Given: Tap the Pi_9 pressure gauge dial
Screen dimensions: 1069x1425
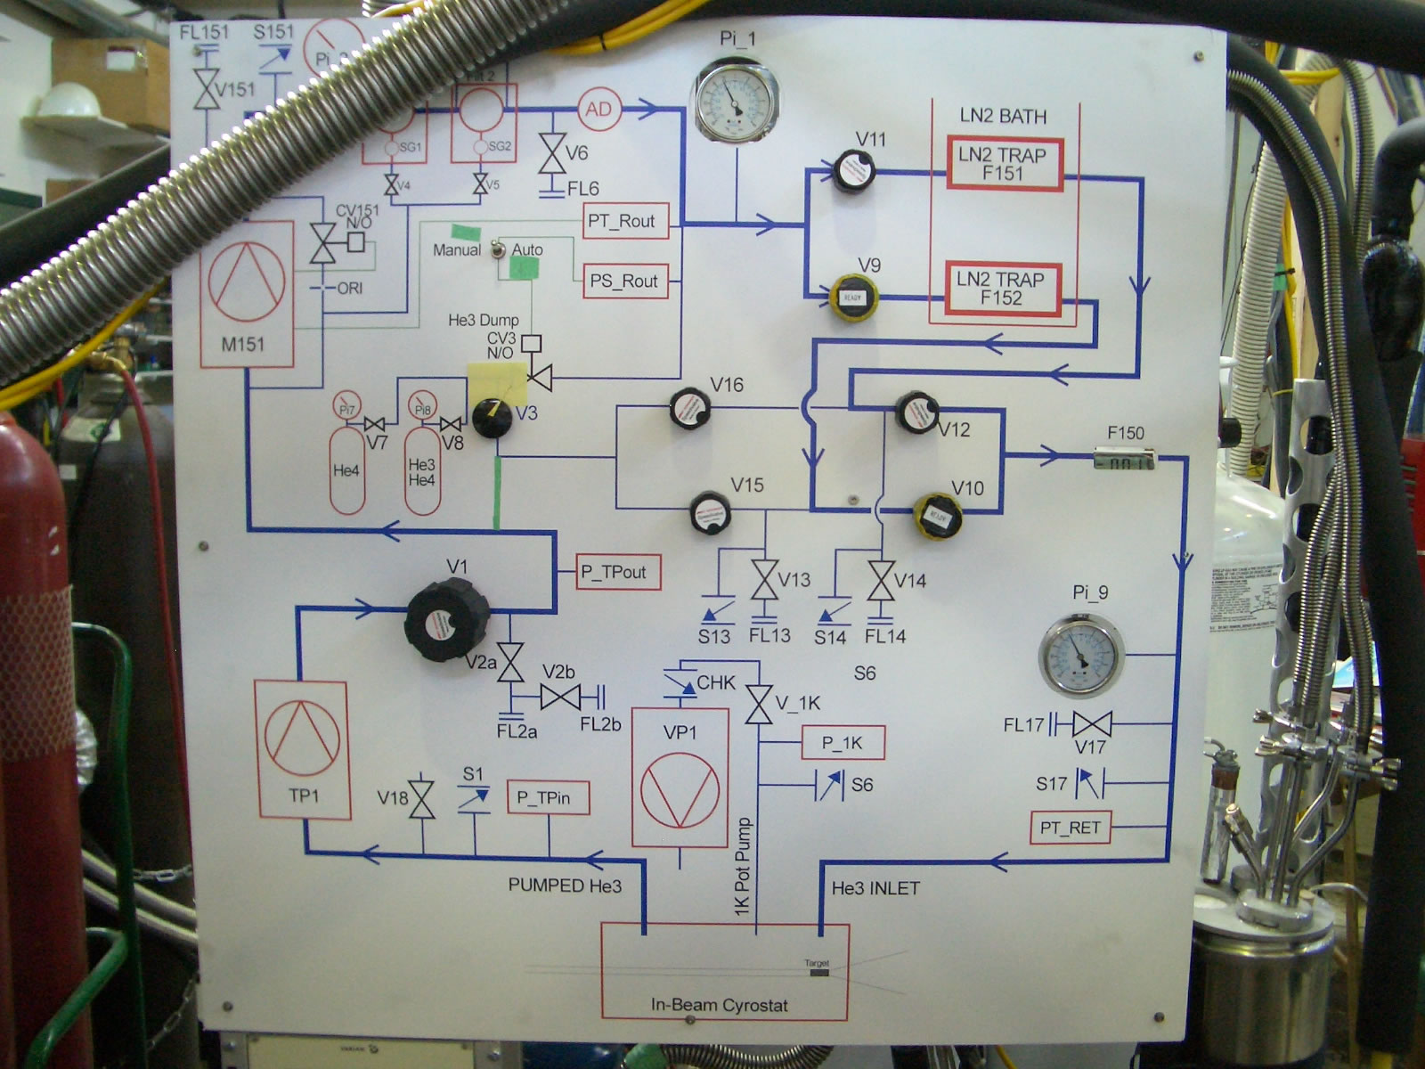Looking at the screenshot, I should pyautogui.click(x=1081, y=656).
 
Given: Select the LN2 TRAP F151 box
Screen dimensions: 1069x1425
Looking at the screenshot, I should pyautogui.click(x=1004, y=164).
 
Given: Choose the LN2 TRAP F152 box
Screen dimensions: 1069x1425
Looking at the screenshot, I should pyautogui.click(x=1002, y=289).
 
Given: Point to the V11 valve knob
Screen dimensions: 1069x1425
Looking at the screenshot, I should pyautogui.click(x=853, y=170).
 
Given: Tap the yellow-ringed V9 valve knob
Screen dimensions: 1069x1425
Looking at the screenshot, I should pyautogui.click(x=853, y=298).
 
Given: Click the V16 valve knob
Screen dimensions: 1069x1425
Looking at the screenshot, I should pyautogui.click(x=688, y=408).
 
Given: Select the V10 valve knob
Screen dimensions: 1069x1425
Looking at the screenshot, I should pyautogui.click(x=939, y=516).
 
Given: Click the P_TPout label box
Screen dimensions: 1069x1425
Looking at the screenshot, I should pyautogui.click(x=619, y=572).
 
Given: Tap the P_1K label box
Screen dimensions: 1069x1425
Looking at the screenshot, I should pyautogui.click(x=843, y=743).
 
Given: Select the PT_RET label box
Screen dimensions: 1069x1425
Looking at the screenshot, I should pyautogui.click(x=1070, y=828).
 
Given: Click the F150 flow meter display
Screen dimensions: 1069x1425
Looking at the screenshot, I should pyautogui.click(x=1124, y=461).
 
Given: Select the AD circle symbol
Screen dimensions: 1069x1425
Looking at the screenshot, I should pyautogui.click(x=598, y=110).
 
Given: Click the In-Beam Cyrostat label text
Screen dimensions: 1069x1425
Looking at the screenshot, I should pyautogui.click(x=719, y=1005).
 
